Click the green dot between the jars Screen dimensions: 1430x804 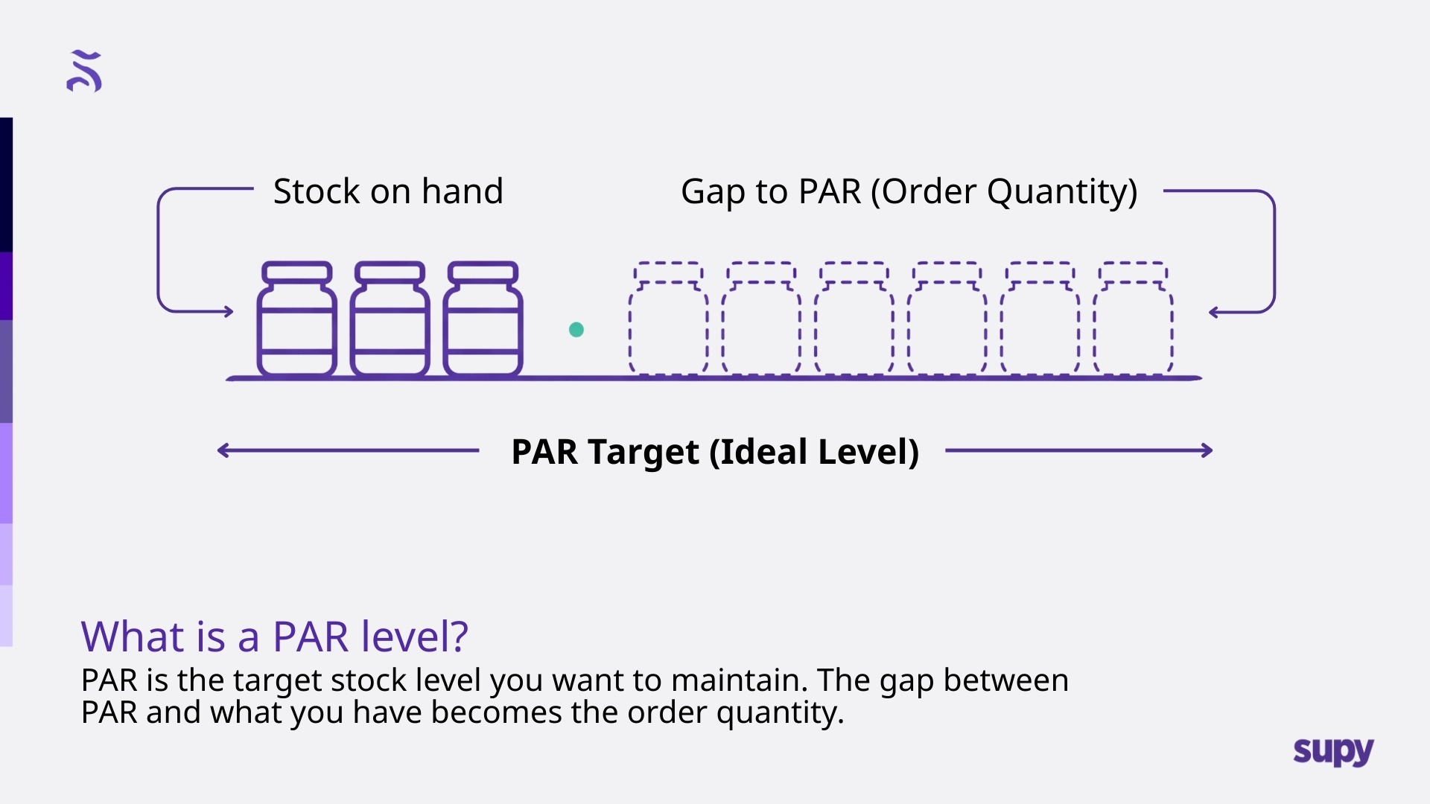click(576, 330)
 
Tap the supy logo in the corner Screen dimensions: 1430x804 click(1333, 751)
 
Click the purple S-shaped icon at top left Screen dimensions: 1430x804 click(84, 71)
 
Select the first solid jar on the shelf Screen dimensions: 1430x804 click(296, 320)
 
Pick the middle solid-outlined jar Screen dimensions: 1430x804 click(390, 320)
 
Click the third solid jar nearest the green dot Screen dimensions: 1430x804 click(483, 320)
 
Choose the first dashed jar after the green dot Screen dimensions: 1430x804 click(668, 320)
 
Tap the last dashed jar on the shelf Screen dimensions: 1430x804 click(1133, 320)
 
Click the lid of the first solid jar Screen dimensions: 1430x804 click(296, 272)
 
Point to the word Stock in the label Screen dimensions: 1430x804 click(317, 191)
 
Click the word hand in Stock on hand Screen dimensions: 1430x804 click(463, 191)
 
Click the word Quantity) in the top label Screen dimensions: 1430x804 click(1062, 192)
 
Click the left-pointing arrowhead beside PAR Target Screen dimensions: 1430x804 click(222, 450)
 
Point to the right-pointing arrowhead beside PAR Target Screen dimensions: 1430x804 click(1207, 450)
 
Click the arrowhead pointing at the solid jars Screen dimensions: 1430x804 click(229, 312)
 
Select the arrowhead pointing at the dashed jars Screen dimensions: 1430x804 click(1213, 313)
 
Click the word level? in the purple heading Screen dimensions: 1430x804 click(414, 636)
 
